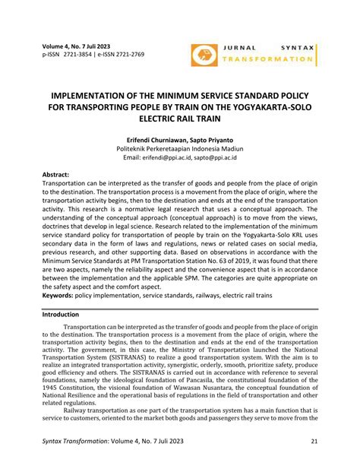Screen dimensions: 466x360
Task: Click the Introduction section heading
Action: pos(65,313)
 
